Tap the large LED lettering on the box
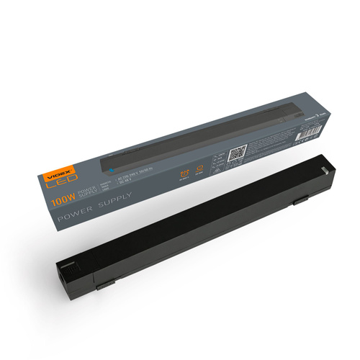point(61,184)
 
